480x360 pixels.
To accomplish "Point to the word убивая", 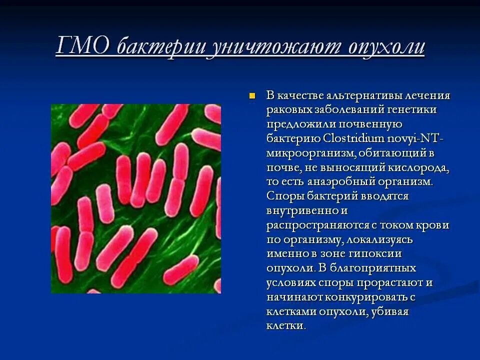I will point(390,311).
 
